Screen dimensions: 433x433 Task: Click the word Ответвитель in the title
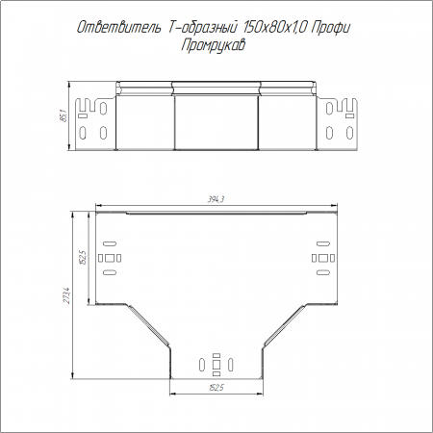118,28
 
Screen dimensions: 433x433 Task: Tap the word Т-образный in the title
202,28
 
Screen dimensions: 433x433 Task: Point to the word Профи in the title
330,28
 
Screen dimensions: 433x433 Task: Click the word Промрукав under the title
213,45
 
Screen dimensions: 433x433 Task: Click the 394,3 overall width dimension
216,199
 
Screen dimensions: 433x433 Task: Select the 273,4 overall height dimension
67,295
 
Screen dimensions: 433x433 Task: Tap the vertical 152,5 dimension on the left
83,258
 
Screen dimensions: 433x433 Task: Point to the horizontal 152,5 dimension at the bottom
216,388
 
